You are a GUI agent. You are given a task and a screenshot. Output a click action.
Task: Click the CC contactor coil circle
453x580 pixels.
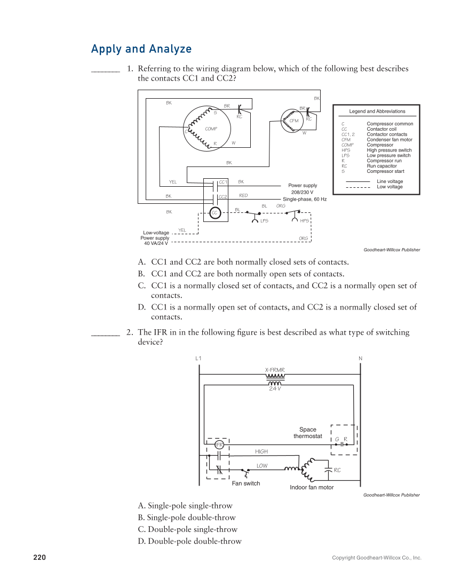(214, 212)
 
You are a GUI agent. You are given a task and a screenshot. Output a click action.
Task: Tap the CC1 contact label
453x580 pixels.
(223, 182)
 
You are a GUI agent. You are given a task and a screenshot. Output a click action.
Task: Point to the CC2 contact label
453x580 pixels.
(223, 196)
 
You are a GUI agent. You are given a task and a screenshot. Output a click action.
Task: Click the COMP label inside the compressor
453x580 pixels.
(211, 129)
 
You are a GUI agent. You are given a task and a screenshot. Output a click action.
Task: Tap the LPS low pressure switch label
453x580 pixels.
(264, 220)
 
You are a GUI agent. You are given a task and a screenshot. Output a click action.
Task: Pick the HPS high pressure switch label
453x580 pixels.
(304, 220)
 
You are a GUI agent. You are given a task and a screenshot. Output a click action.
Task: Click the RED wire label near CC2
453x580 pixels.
(243, 196)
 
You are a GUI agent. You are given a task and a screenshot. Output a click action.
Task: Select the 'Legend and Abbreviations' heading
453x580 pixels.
(377, 112)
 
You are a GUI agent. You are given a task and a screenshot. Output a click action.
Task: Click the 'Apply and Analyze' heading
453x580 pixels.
(141, 49)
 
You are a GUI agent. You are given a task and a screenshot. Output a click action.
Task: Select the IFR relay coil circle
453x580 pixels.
(219, 444)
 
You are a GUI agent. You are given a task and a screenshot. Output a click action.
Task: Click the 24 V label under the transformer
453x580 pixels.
(275, 388)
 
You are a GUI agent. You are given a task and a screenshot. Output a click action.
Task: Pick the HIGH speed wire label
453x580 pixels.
(261, 451)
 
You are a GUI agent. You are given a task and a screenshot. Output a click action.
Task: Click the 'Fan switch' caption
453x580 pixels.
(246, 483)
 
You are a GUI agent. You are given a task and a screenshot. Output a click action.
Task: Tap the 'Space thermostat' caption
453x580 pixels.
(308, 433)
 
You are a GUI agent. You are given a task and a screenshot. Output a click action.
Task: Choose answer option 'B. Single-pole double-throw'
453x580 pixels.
(186, 518)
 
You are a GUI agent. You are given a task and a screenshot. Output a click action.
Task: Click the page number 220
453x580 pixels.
(39, 558)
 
